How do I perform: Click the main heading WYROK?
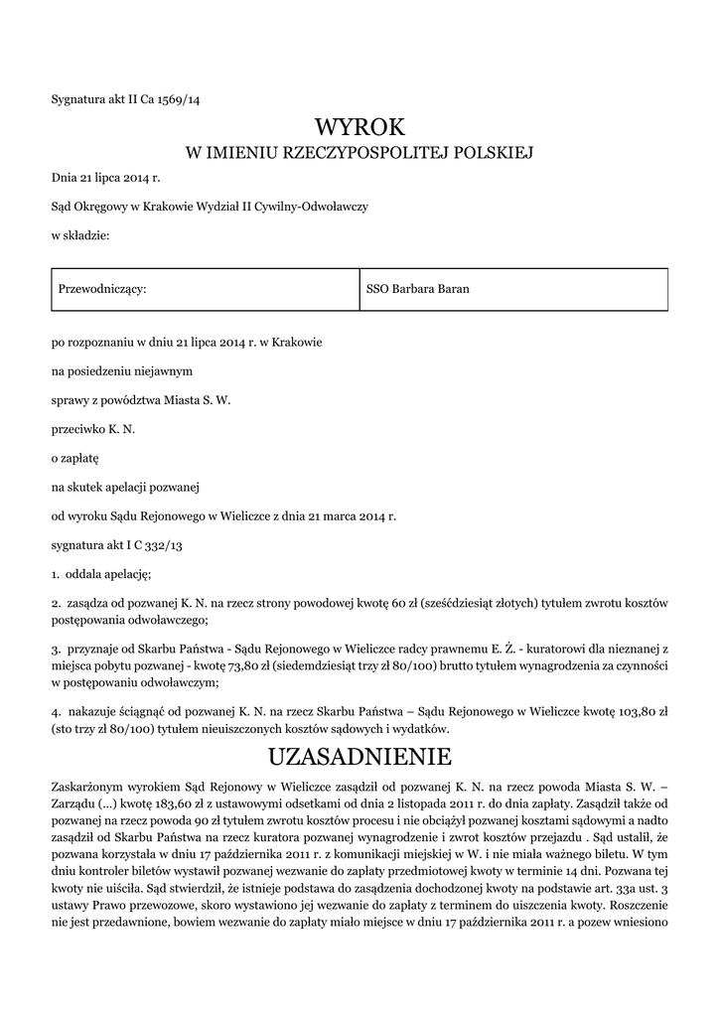[x=360, y=127]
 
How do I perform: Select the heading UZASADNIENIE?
[x=360, y=758]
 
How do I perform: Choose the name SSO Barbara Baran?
[x=418, y=289]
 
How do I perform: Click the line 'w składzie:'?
[x=80, y=234]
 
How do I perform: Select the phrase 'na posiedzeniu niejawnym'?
[x=122, y=371]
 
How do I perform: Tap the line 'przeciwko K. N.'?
[x=93, y=430]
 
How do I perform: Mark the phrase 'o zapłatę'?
[x=75, y=459]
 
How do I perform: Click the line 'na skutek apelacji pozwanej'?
[x=126, y=488]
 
